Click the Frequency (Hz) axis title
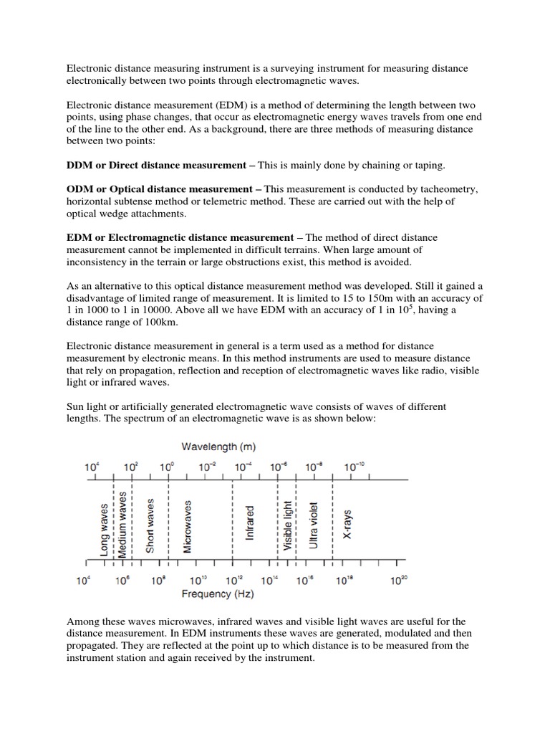click(x=218, y=594)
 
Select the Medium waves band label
click(x=122, y=524)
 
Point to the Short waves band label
click(x=150, y=525)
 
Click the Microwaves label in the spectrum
click(x=188, y=528)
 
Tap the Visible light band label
click(x=288, y=527)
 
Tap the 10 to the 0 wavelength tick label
click(x=167, y=466)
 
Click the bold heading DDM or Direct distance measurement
click(x=155, y=166)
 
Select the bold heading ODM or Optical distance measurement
click(x=159, y=189)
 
